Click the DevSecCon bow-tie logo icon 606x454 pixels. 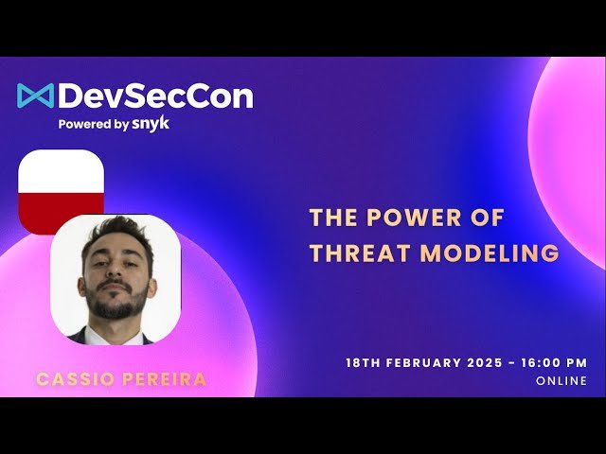(x=35, y=96)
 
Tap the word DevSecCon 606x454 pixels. (x=155, y=96)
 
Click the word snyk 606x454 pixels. (x=151, y=123)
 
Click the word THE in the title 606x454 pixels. (x=331, y=218)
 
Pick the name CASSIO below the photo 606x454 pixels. (x=71, y=379)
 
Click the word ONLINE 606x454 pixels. (x=561, y=381)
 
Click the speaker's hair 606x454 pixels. (x=116, y=230)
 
